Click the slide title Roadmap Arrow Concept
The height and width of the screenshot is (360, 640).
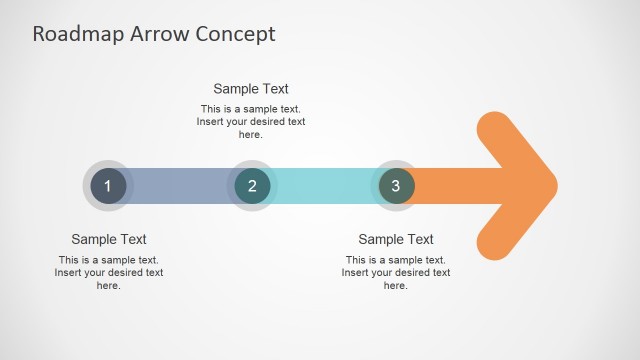pos(153,34)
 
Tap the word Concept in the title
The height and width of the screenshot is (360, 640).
pos(236,34)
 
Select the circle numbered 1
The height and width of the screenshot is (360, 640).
pos(108,186)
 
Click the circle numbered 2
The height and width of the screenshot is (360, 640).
pos(252,186)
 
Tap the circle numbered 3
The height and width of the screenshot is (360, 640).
pos(396,186)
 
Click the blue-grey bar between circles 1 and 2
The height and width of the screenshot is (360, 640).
pos(180,186)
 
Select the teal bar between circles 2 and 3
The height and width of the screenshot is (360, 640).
pos(324,186)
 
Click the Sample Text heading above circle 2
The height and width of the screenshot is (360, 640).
pos(251,89)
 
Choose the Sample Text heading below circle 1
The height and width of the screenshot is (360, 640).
pos(109,239)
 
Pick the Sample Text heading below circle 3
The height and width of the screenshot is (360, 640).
pos(396,239)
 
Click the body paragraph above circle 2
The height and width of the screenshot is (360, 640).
pos(251,122)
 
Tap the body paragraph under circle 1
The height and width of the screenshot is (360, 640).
pos(109,272)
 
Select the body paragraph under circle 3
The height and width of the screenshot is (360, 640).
pos(396,272)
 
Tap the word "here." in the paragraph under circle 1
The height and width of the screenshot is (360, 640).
pos(109,285)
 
